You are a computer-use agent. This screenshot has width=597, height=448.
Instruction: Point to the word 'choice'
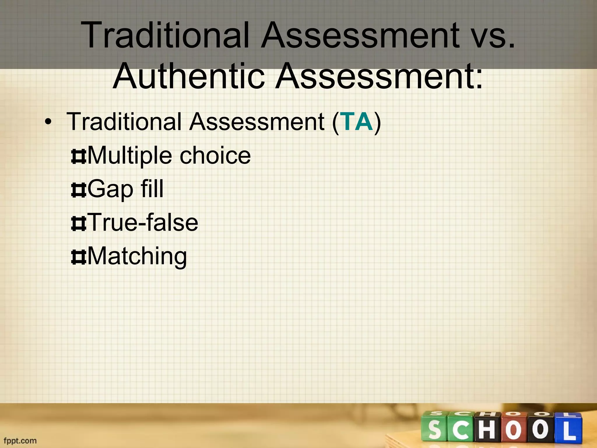click(215, 155)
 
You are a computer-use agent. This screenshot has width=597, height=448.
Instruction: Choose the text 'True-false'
click(143, 223)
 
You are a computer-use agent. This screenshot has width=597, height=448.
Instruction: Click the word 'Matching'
click(137, 256)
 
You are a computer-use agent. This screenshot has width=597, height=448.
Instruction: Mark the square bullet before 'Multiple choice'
click(78, 157)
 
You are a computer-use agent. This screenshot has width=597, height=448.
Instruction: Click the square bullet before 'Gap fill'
click(78, 190)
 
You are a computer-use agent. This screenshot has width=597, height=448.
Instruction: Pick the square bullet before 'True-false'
click(78, 224)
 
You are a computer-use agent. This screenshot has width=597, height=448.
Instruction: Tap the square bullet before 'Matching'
click(78, 258)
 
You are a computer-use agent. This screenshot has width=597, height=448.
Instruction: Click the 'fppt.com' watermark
click(20, 440)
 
